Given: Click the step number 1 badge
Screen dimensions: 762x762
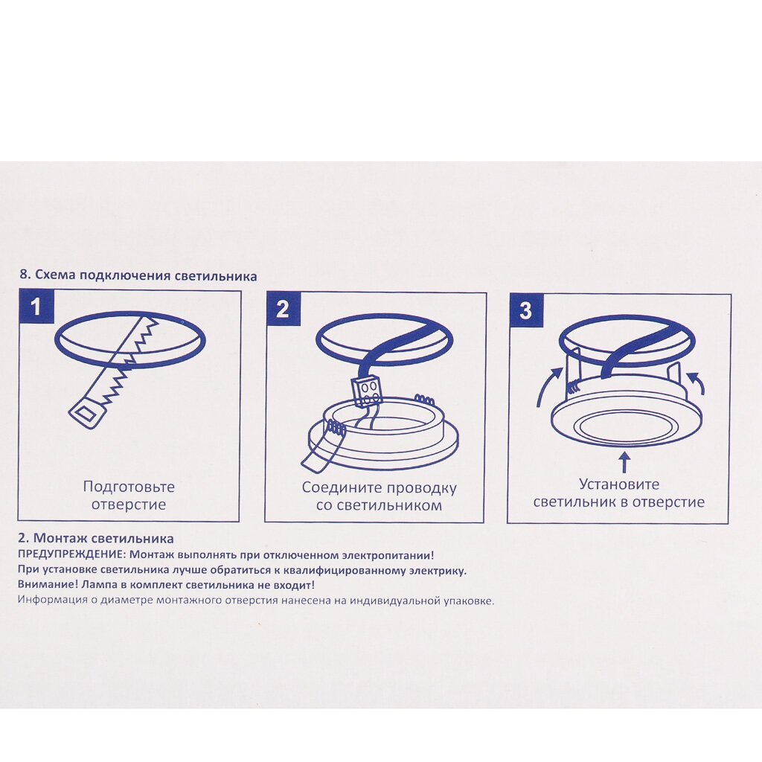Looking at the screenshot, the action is (x=36, y=306).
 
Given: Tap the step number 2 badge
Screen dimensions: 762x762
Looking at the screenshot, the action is (x=284, y=309).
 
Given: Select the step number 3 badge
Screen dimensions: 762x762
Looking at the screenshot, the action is (x=526, y=310).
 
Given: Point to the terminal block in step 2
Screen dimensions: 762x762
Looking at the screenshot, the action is (x=367, y=391).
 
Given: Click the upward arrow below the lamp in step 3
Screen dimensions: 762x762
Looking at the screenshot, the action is (x=624, y=462).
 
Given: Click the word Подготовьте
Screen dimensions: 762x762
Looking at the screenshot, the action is (x=129, y=487).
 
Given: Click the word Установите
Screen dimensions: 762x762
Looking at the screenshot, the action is (x=619, y=484).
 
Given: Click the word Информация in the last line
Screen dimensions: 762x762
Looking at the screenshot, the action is (x=52, y=600).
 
